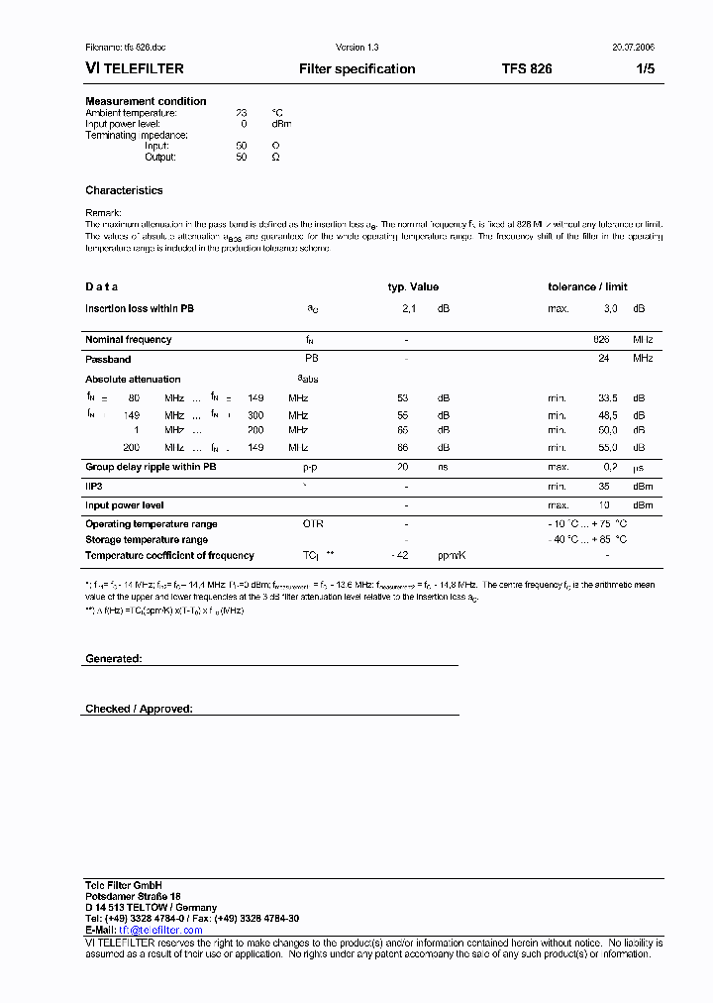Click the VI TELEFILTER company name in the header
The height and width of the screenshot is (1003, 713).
pos(135,69)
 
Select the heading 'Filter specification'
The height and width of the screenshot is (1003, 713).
pos(356,69)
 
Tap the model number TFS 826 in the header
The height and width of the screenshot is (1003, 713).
pos(527,69)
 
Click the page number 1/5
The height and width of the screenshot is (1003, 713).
pos(644,69)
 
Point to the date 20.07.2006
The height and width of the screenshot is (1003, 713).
pos(633,48)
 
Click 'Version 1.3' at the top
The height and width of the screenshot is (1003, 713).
pos(356,48)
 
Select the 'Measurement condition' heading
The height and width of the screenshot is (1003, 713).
pos(146,101)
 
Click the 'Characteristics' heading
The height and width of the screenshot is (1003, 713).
pos(124,190)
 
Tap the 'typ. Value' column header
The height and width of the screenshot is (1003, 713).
pos(412,287)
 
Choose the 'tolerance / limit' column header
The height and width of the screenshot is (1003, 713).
pos(587,287)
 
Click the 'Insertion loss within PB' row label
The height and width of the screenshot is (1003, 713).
pos(140,309)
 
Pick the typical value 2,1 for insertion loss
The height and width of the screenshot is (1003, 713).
pos(408,309)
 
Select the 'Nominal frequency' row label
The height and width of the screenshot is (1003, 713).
pos(128,340)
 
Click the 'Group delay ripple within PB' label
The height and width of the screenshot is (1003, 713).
pos(151,466)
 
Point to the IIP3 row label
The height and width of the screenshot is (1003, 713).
pos(95,487)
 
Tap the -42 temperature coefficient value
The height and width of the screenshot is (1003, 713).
pos(400,556)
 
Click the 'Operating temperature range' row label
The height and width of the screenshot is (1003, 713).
pos(152,524)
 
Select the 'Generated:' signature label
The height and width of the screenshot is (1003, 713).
pos(114,659)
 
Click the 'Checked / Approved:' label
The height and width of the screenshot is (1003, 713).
pos(139,710)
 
